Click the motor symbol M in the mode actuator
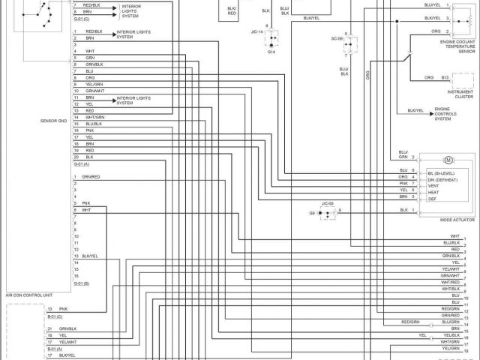pyautogui.click(x=449, y=160)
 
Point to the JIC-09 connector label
pyautogui.click(x=328, y=204)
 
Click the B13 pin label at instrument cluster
pyautogui.click(x=445, y=77)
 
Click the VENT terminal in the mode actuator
pyautogui.click(x=433, y=185)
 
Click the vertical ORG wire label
pyautogui.click(x=368, y=76)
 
